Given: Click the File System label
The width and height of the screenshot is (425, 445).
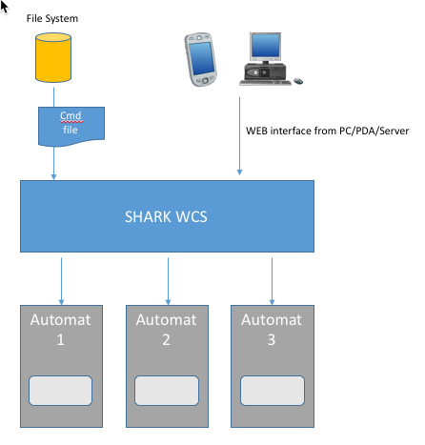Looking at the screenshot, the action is click(x=52, y=18).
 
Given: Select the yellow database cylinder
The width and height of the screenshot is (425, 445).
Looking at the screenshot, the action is click(x=53, y=57).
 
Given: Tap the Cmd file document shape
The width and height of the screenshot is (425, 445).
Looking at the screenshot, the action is click(x=71, y=127).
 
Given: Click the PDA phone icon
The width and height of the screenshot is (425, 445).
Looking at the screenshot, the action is click(x=200, y=59).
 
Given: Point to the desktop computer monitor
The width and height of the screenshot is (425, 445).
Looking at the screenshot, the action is click(x=265, y=47).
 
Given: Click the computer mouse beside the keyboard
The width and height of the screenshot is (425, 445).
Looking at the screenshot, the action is click(x=298, y=81).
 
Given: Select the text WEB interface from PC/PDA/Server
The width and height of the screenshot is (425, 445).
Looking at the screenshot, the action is click(x=327, y=131).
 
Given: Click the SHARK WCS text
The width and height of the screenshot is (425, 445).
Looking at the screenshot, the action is click(x=166, y=217).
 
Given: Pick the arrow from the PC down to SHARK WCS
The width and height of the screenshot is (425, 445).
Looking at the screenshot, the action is click(x=239, y=136).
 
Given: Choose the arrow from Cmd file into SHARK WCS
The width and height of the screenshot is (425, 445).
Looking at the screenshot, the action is click(x=53, y=163).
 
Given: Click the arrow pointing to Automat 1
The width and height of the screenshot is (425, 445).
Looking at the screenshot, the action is click(x=61, y=281).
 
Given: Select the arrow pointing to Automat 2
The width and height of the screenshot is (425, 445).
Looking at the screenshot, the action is click(x=168, y=281).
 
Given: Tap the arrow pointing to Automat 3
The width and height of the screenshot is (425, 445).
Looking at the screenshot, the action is click(x=272, y=281).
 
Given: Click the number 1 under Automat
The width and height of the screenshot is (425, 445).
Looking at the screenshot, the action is click(x=60, y=340).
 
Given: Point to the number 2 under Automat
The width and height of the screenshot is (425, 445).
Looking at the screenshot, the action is click(x=166, y=340).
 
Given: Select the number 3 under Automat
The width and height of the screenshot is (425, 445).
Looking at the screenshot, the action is click(x=272, y=340).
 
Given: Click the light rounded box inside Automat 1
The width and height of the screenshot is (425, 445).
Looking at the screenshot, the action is click(x=60, y=391).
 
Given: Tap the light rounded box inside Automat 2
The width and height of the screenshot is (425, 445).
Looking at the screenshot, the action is click(x=167, y=391).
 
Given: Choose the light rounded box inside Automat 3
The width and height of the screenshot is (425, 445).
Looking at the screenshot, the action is click(x=273, y=391).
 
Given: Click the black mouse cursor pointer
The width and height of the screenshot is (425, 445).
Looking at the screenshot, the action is click(x=4, y=7).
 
